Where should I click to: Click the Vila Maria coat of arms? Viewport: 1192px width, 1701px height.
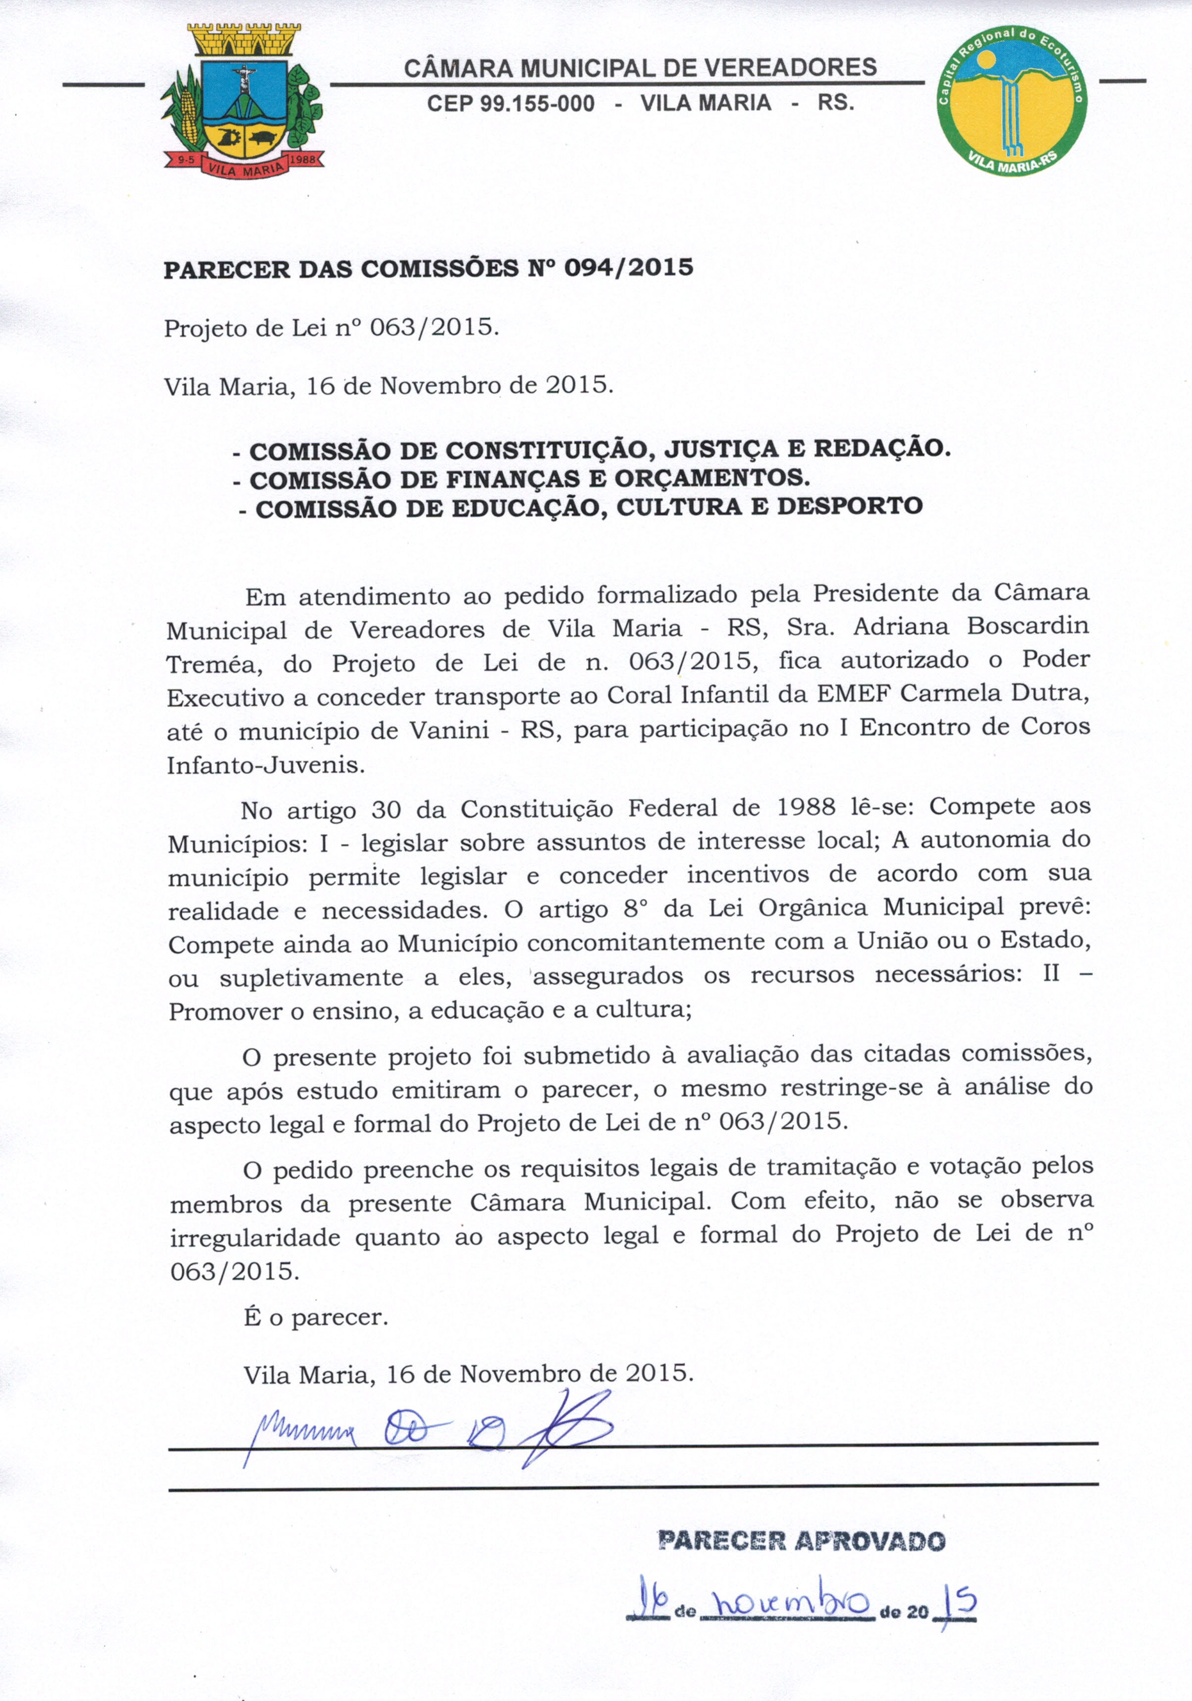click(x=243, y=100)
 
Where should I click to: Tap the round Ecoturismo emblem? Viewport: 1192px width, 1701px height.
click(x=1011, y=100)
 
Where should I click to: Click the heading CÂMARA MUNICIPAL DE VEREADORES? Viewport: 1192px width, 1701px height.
click(x=640, y=68)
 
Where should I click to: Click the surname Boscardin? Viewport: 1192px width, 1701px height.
click(x=1028, y=626)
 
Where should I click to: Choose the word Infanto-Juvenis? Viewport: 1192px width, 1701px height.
click(x=266, y=765)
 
